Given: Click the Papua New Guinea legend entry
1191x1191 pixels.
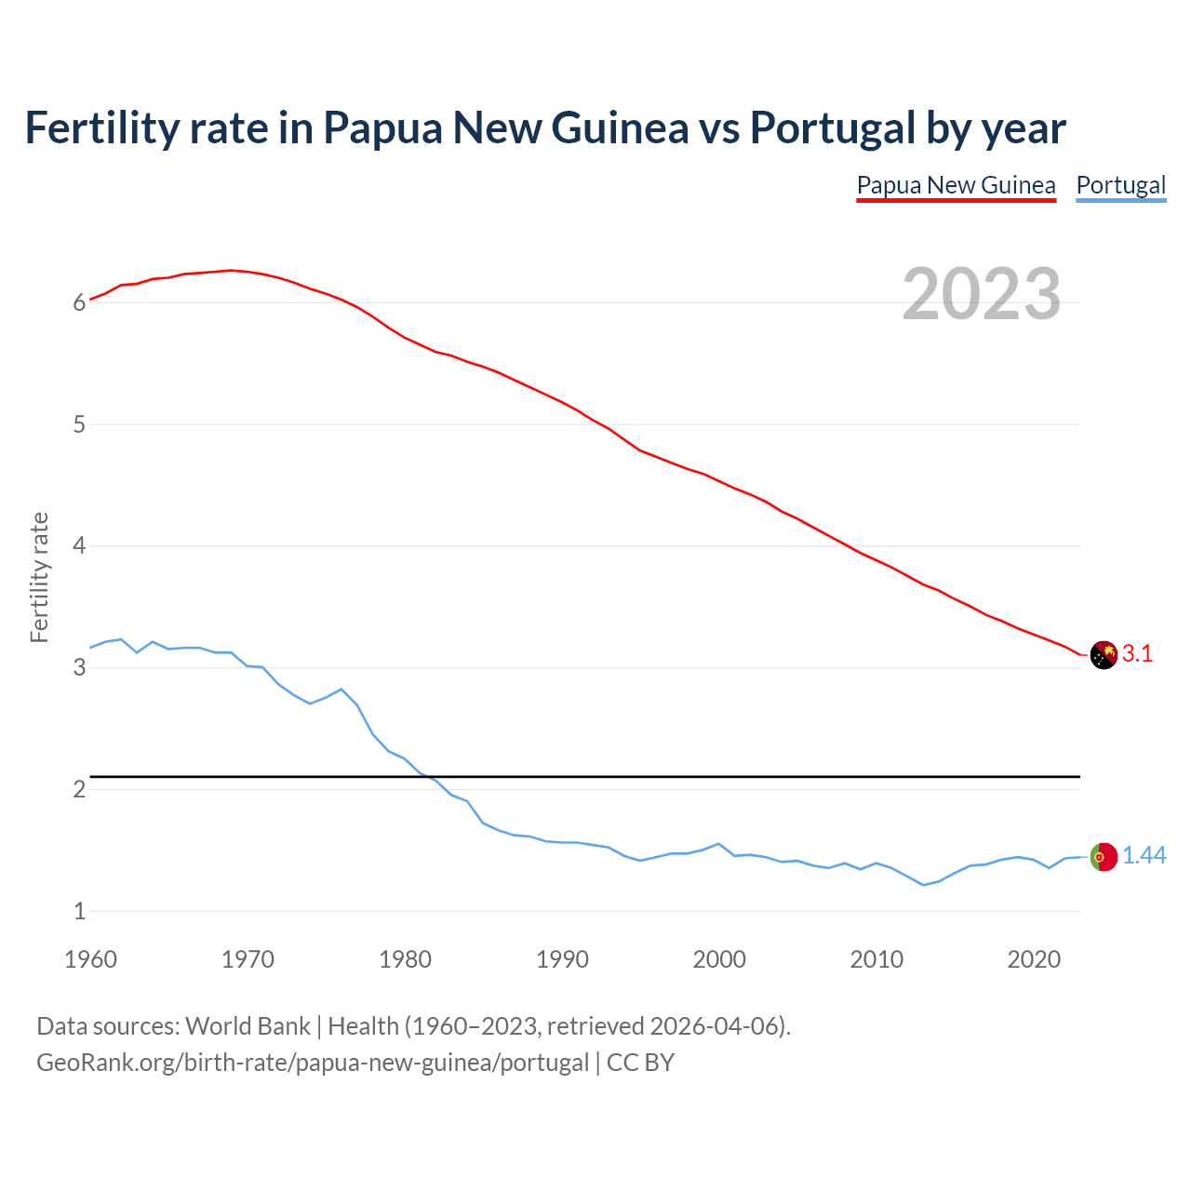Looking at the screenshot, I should [x=956, y=185].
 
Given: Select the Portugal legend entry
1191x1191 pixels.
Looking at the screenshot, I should [x=1120, y=185].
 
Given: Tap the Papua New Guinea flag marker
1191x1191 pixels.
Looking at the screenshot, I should [x=1103, y=655].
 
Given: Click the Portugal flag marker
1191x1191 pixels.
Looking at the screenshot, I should [x=1103, y=856].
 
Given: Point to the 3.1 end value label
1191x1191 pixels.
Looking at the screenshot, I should [x=1137, y=654].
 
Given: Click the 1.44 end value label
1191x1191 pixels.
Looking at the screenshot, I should [x=1144, y=856].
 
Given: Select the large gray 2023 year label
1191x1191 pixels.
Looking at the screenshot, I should [x=981, y=294].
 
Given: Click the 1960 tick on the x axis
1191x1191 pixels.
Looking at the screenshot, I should [x=90, y=959].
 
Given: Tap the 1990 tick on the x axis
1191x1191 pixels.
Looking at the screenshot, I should [x=562, y=959].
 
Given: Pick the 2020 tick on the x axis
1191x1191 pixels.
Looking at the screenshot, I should [x=1034, y=959].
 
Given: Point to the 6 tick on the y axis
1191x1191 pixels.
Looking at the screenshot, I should [x=80, y=302].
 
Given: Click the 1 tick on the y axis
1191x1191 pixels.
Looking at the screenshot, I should [x=80, y=911].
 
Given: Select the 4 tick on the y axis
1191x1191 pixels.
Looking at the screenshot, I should [x=80, y=546].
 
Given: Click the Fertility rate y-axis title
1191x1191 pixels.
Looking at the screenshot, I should [x=39, y=577].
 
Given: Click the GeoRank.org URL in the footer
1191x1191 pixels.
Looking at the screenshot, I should [x=313, y=1063].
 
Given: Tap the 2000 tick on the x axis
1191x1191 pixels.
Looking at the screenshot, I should [x=719, y=959].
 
